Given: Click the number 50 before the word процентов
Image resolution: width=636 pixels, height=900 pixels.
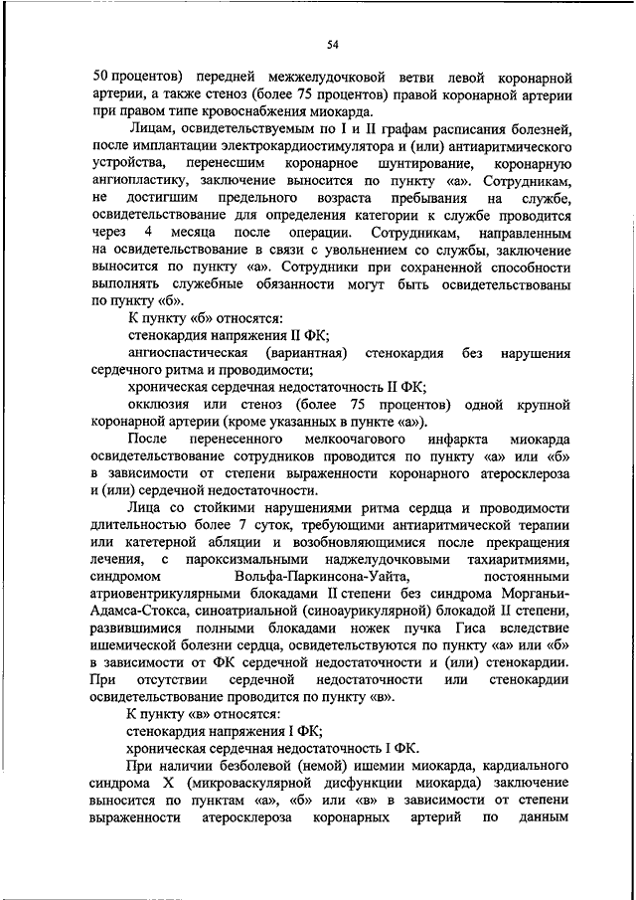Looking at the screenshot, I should pyautogui.click(x=100, y=77).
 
